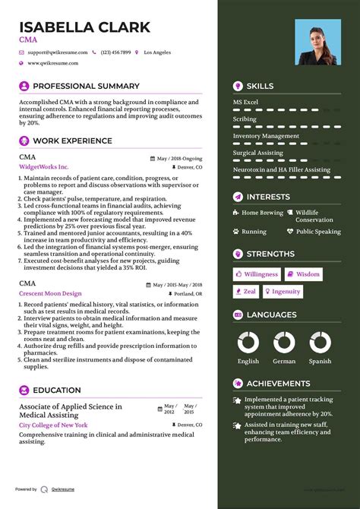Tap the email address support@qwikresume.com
click(58, 52)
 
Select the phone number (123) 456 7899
click(116, 52)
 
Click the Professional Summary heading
click(86, 87)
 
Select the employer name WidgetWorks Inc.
click(43, 166)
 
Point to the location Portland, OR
click(188, 293)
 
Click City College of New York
click(53, 425)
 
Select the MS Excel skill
click(245, 102)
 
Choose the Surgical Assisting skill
click(258, 153)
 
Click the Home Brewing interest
click(262, 213)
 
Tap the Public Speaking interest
click(318, 232)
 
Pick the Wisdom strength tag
click(304, 274)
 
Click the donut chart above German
click(285, 342)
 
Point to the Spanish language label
click(320, 362)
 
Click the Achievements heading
click(278, 384)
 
